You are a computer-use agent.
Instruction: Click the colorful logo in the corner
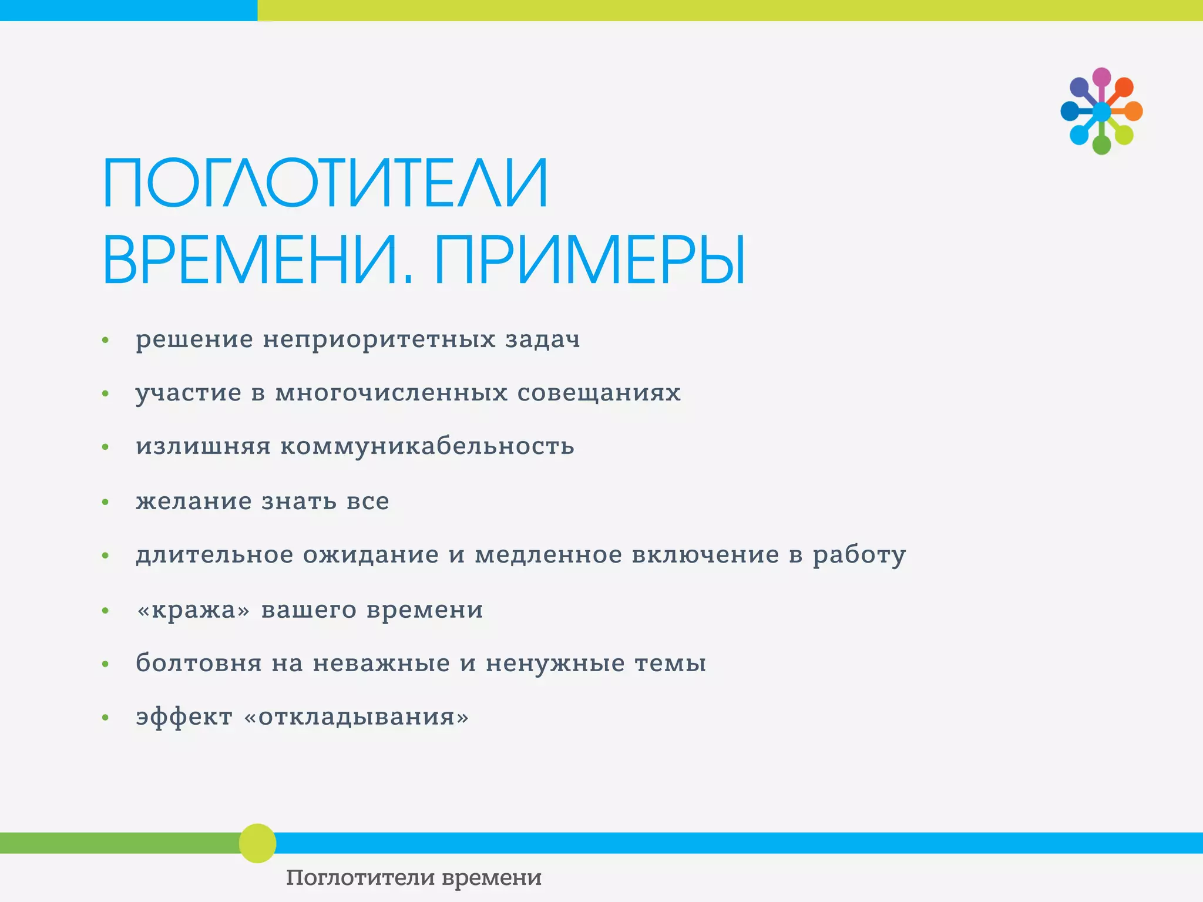(x=1101, y=111)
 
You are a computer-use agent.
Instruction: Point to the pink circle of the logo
(x=1101, y=77)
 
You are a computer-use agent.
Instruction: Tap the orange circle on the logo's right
(x=1133, y=111)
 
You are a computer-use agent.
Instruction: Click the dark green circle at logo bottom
(x=1101, y=144)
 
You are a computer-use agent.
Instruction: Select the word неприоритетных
(x=379, y=339)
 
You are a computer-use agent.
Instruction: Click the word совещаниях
(x=599, y=392)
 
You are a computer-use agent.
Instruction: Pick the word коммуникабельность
(x=427, y=446)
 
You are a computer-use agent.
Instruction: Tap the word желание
(x=194, y=501)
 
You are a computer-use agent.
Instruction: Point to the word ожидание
(x=371, y=554)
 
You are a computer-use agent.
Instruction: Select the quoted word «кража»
(x=193, y=610)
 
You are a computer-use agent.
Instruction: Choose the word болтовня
(x=199, y=663)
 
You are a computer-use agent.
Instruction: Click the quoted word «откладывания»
(x=356, y=716)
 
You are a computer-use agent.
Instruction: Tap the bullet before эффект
(x=106, y=717)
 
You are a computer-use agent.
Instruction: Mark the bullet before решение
(x=106, y=340)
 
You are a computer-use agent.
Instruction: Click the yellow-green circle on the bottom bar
(x=257, y=843)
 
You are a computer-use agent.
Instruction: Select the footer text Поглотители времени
(x=414, y=878)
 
